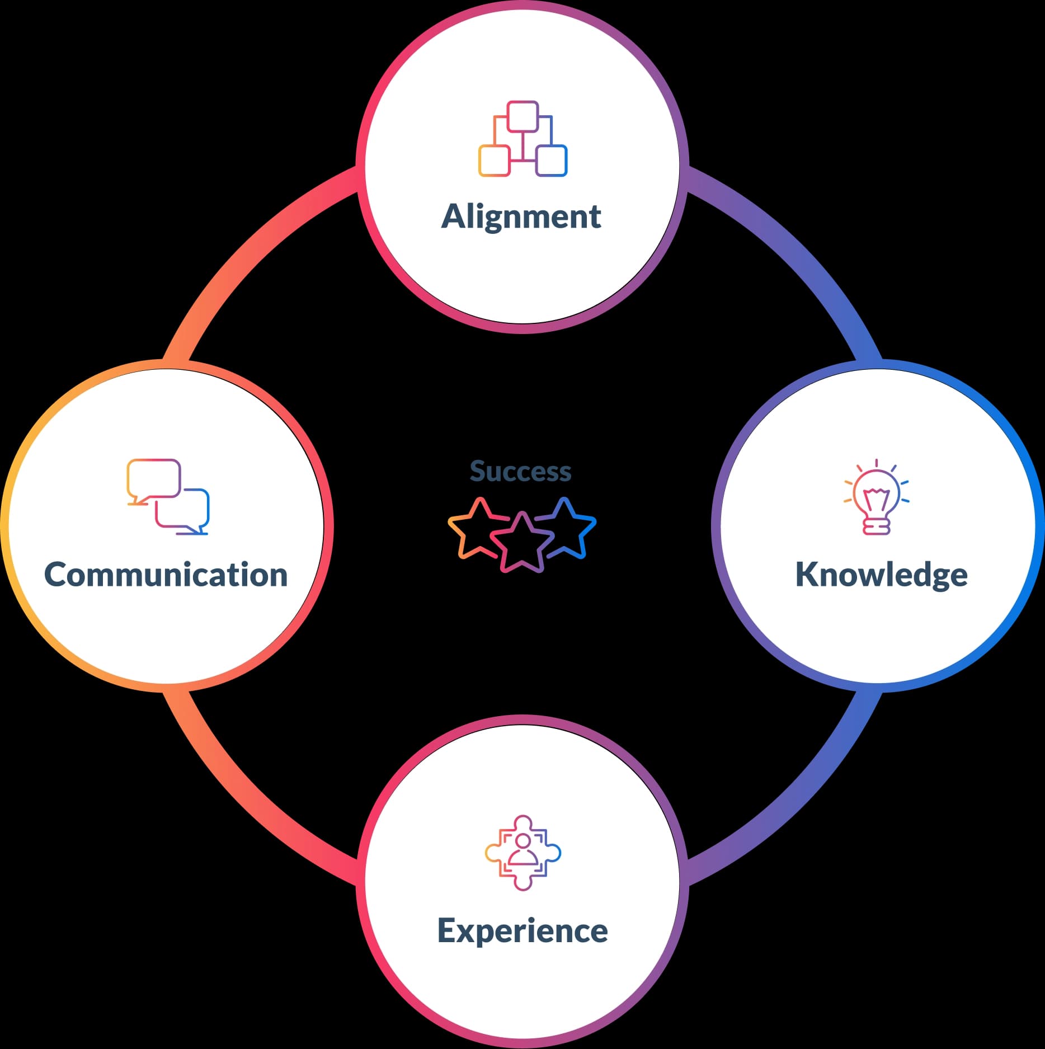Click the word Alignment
[521, 217]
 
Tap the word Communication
[166, 575]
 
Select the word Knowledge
[881, 575]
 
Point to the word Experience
[522, 931]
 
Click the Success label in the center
[520, 471]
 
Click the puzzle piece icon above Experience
[522, 853]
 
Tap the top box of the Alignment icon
[523, 116]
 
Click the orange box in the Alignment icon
[494, 161]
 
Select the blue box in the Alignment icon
[552, 161]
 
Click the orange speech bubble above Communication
[153, 479]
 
